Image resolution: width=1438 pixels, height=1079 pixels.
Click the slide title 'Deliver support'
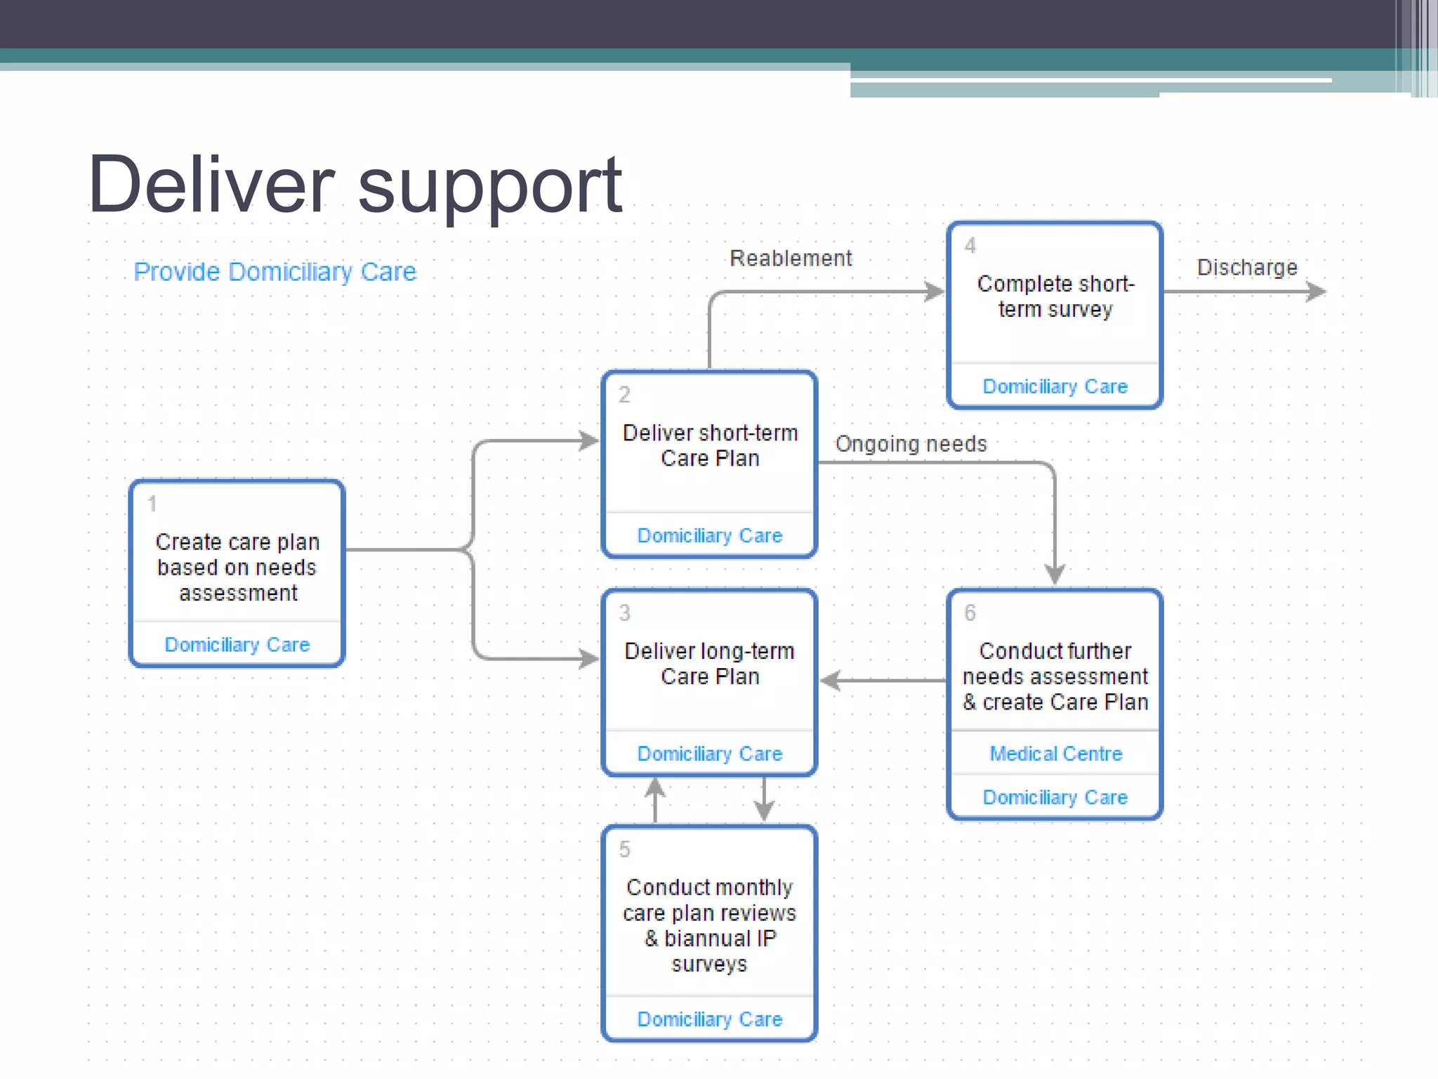[355, 184]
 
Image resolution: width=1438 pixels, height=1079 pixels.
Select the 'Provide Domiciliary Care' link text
[275, 272]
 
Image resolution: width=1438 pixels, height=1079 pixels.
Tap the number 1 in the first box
[152, 504]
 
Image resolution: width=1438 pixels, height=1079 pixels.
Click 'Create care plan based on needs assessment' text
[237, 567]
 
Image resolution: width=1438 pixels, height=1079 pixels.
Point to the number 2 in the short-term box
[624, 395]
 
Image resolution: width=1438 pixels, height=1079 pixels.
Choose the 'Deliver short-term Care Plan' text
[710, 445]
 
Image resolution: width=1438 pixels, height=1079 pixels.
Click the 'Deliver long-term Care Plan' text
[710, 664]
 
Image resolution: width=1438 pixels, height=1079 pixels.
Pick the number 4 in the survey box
[970, 246]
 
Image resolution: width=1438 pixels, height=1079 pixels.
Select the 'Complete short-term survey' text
[1055, 296]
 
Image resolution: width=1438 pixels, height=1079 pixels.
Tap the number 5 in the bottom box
[624, 849]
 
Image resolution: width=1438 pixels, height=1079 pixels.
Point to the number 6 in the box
[970, 613]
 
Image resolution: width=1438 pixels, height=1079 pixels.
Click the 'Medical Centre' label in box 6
[1055, 754]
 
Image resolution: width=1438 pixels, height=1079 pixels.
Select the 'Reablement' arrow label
[791, 259]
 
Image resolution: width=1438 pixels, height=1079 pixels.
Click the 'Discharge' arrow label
[1247, 268]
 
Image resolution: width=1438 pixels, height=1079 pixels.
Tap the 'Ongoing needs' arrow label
[911, 444]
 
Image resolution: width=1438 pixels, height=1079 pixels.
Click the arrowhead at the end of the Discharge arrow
[1317, 292]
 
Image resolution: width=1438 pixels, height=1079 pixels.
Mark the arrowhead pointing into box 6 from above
[1055, 575]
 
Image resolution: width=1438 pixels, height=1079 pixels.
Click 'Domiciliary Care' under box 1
[237, 645]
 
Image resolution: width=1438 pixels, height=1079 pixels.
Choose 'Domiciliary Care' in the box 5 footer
[710, 1019]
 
